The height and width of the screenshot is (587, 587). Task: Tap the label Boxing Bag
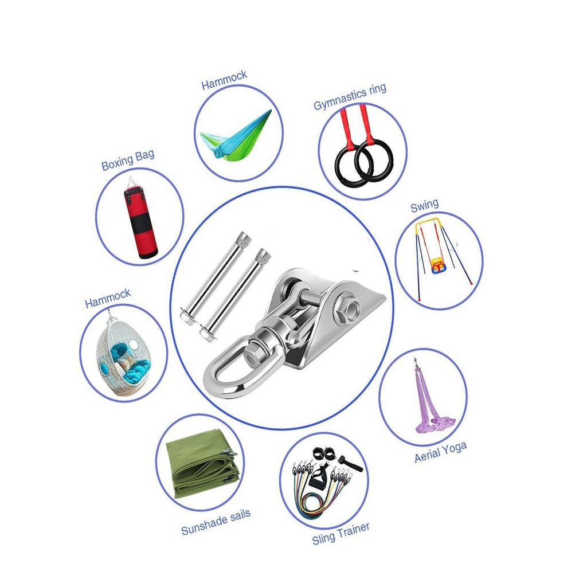[x=128, y=161]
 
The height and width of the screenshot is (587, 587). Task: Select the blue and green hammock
[x=235, y=134]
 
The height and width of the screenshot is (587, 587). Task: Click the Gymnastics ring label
[x=350, y=97]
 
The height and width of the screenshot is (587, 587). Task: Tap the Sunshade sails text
[x=216, y=522]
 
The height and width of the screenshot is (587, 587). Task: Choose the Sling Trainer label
[x=341, y=533]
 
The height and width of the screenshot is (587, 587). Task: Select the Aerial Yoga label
[x=441, y=452]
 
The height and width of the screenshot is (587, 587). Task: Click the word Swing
[x=424, y=206]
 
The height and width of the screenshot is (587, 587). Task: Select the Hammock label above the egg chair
[x=107, y=298]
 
